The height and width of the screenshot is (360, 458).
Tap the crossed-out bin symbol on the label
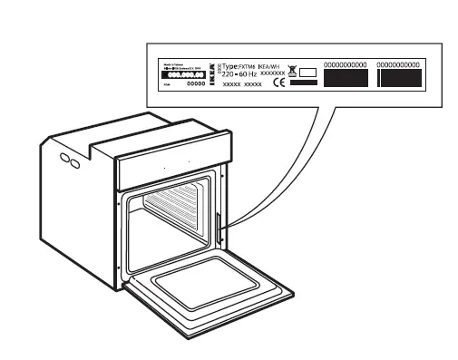pyautogui.click(x=293, y=73)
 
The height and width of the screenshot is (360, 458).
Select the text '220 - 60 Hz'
pyautogui.click(x=239, y=74)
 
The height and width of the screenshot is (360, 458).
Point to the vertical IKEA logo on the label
pyautogui.click(x=212, y=73)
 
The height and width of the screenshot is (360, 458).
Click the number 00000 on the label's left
pyautogui.click(x=196, y=83)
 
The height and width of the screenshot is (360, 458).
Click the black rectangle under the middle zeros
pyautogui.click(x=345, y=79)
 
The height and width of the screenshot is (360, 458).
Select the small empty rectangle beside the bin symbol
pyautogui.click(x=307, y=73)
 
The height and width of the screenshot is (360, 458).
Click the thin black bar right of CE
pyautogui.click(x=303, y=83)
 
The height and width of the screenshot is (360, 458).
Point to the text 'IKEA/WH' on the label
pyautogui.click(x=271, y=66)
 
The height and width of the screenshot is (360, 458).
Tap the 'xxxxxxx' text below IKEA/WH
pyautogui.click(x=272, y=73)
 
